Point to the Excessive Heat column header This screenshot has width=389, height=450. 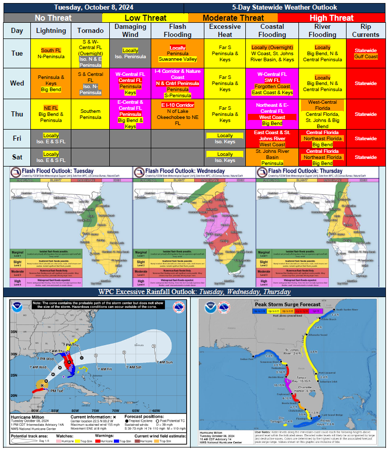[225, 30]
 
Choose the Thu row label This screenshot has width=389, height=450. [17, 114]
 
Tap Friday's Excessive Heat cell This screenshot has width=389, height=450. [225, 139]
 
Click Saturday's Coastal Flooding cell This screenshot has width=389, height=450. [272, 157]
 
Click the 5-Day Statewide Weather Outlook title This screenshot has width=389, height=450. [284, 7]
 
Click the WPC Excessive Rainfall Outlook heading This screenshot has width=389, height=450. [194, 292]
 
